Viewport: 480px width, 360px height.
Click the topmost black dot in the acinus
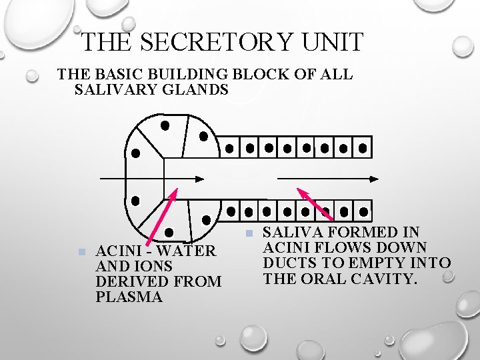tap(165, 125)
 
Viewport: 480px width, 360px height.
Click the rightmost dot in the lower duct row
tap(363, 212)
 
